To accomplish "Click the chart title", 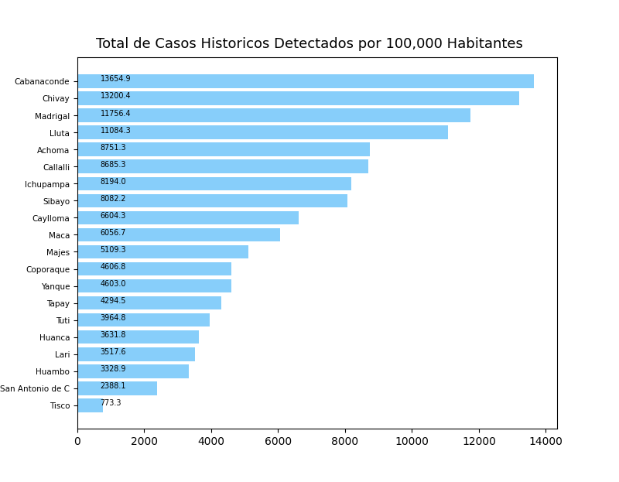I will point(309,44).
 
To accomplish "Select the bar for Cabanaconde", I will point(306,81).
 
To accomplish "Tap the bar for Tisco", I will point(90,405).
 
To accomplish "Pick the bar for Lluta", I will point(262,132).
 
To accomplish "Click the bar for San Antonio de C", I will point(117,388).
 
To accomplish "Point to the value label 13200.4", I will point(115,96).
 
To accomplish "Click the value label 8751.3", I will point(113,147).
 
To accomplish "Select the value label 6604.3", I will point(113,216).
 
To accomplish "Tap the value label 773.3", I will point(111,403).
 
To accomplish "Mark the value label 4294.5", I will point(113,301).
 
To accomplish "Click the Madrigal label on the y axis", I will point(52,116).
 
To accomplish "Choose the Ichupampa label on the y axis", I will point(47,184).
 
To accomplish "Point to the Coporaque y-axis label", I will point(47,269).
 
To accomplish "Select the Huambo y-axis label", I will point(53,371).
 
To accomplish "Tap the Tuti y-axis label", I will point(63,320).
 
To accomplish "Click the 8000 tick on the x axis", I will point(345,441).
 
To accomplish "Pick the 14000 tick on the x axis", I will point(545,441).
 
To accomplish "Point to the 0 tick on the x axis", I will point(77,441).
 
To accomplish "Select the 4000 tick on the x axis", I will point(211,441).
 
